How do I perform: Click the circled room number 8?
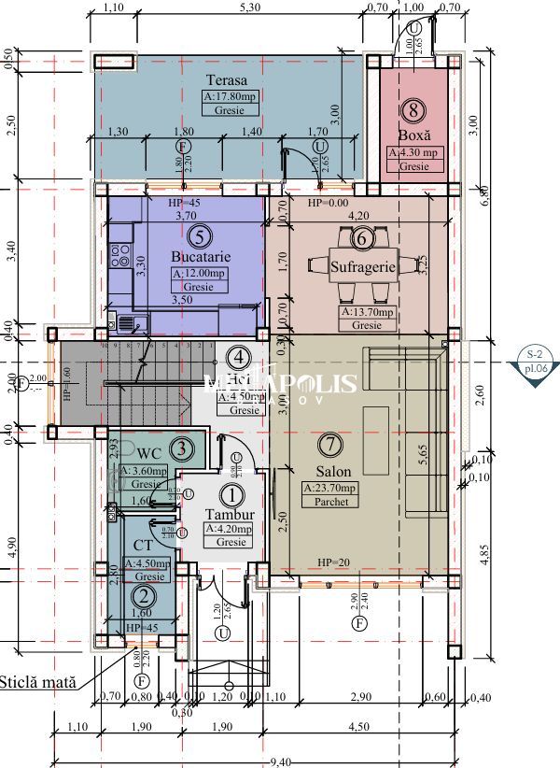(x=414, y=110)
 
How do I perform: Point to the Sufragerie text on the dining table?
(x=364, y=267)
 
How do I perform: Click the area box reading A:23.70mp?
(x=329, y=488)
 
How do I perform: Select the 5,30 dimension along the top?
(x=249, y=7)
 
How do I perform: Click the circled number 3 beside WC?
(x=184, y=448)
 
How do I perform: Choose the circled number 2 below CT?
(x=143, y=593)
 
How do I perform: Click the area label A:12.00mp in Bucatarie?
(x=199, y=273)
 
